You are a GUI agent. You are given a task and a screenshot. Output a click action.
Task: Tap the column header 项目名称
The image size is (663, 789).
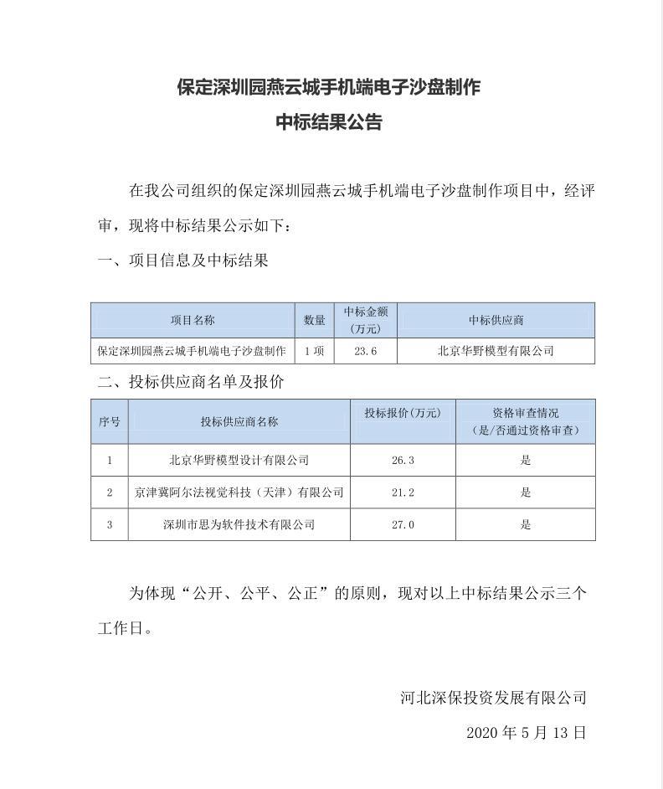[x=193, y=320]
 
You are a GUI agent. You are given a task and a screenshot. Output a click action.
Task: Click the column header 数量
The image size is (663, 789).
[x=315, y=320]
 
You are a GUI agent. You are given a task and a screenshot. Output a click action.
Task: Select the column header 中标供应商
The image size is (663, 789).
[x=496, y=320]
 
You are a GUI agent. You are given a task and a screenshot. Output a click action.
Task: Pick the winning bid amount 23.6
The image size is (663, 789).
[x=366, y=351]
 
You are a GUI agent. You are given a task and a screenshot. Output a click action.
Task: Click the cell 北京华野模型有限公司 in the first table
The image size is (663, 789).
[x=496, y=351]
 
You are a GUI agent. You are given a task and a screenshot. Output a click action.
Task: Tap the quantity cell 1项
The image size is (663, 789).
[x=315, y=351]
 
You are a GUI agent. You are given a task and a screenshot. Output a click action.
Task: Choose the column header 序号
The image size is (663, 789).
[x=110, y=421]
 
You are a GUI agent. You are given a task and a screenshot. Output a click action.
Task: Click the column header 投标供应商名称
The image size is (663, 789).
[x=239, y=421]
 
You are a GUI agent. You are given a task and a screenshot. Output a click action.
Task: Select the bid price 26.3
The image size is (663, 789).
[x=403, y=460]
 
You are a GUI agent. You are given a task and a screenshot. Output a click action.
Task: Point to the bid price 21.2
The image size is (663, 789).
[x=403, y=492]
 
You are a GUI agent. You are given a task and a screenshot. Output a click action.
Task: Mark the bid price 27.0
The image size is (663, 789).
[x=403, y=524]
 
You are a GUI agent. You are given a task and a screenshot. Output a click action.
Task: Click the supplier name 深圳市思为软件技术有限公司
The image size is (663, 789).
[x=239, y=524]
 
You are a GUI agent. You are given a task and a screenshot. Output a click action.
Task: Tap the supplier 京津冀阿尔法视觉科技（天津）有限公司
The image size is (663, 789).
[x=239, y=492]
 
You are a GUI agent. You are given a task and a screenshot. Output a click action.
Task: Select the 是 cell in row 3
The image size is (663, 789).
[x=526, y=524]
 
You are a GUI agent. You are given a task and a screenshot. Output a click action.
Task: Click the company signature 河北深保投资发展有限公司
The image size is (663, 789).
[x=493, y=697]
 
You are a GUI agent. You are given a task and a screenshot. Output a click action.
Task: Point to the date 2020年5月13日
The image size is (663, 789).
[x=526, y=732]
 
